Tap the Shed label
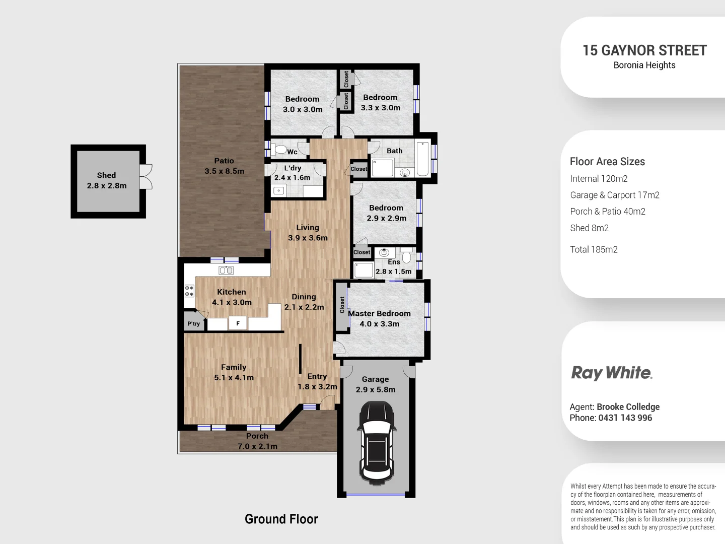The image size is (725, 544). pyautogui.click(x=106, y=175)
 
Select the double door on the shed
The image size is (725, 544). pyautogui.click(x=146, y=177)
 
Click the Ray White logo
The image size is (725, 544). pyautogui.click(x=611, y=373)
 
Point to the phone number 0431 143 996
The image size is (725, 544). pyautogui.click(x=625, y=418)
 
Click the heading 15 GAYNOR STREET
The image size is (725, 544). pyautogui.click(x=644, y=50)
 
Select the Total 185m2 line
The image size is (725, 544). pyautogui.click(x=594, y=249)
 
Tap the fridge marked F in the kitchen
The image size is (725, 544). pyautogui.click(x=238, y=323)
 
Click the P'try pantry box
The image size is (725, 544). pyautogui.click(x=194, y=323)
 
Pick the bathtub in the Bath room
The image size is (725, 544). pyautogui.click(x=423, y=159)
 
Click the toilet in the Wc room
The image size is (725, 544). pyautogui.click(x=280, y=150)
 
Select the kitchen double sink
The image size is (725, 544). pyautogui.click(x=226, y=270)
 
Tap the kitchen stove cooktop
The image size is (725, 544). pyautogui.click(x=189, y=291)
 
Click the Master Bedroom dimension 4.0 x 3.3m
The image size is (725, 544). pyautogui.click(x=379, y=324)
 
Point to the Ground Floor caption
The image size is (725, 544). pyautogui.click(x=281, y=519)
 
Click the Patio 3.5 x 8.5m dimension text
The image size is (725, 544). pyautogui.click(x=224, y=171)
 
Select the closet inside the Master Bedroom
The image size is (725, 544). pyautogui.click(x=342, y=305)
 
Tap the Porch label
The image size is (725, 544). pyautogui.click(x=257, y=436)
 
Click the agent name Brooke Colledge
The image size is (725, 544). pyautogui.click(x=628, y=407)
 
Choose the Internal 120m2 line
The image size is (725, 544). pyautogui.click(x=599, y=179)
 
